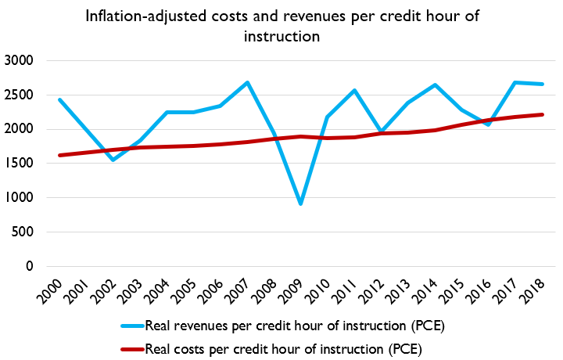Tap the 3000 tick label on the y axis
20,60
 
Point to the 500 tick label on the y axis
23,232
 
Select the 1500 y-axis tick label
20,164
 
